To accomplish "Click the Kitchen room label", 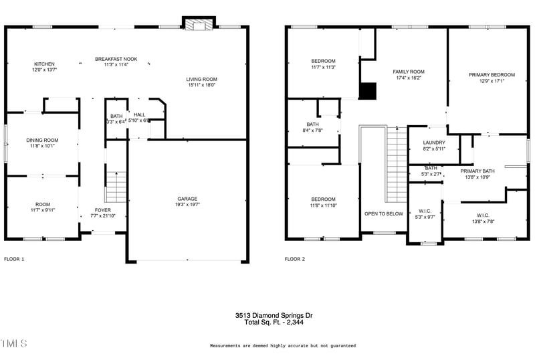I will coord(44,64).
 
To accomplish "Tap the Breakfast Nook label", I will coord(116,59).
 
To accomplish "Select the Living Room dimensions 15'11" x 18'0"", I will coord(201,85).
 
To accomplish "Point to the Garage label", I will coord(187,199).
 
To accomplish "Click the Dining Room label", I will coord(42,140).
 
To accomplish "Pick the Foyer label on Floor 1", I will coord(102,210).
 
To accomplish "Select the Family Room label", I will coord(408,72).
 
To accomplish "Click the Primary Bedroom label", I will coord(492,75).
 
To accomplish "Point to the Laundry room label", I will coord(434,143).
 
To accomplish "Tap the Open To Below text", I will coord(383,214).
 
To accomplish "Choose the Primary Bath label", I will coord(477,171).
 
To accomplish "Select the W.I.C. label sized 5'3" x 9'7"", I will coord(425,211).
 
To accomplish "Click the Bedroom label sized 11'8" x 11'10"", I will coord(323,199).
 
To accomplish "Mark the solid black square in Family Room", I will coord(368,90).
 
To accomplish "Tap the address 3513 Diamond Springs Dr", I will coord(274,315).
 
